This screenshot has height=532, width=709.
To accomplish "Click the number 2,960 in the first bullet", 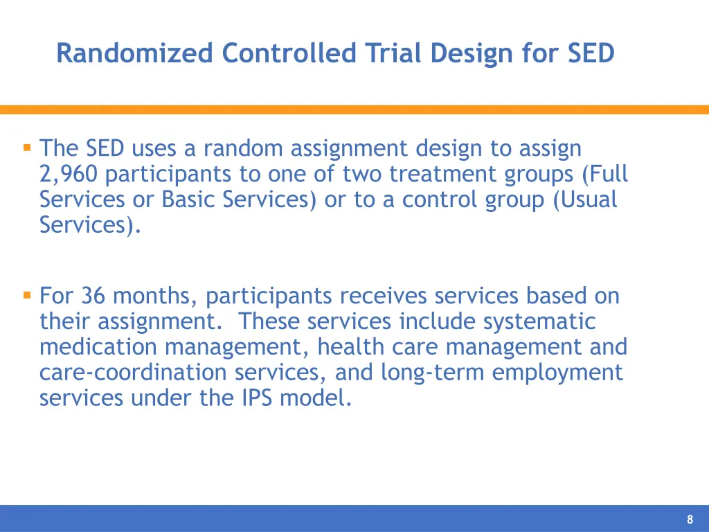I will [x=69, y=174].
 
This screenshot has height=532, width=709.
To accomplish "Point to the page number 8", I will [x=690, y=520].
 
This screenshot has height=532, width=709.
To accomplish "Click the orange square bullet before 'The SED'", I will [x=27, y=148].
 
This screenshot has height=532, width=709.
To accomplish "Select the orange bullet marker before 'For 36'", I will [x=27, y=295].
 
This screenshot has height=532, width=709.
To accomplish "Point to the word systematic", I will [x=539, y=321].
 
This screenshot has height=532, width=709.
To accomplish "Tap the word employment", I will [x=558, y=373].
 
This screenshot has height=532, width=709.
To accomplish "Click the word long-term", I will [x=424, y=373].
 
